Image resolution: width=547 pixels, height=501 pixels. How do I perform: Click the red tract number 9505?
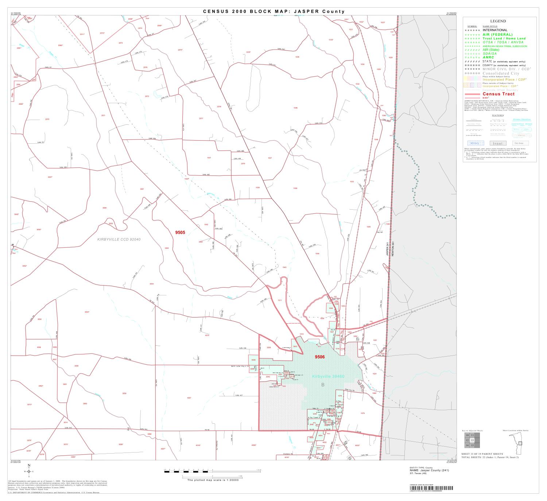click(x=180, y=232)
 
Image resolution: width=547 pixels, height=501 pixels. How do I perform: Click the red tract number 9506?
click(x=319, y=357)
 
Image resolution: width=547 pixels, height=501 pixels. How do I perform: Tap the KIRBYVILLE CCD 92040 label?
click(x=119, y=240)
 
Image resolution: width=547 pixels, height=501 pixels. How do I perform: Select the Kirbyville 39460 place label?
click(x=328, y=376)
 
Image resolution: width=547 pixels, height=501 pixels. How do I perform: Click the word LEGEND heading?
click(x=498, y=21)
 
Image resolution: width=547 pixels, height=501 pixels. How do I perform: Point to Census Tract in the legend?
click(x=498, y=94)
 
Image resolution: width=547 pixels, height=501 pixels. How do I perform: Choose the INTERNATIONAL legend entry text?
click(x=495, y=30)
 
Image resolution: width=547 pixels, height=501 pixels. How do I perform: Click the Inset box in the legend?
click(x=497, y=143)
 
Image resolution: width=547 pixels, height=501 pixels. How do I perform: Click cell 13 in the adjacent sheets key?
click(x=472, y=440)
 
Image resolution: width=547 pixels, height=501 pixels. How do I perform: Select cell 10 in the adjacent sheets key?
click(x=467, y=435)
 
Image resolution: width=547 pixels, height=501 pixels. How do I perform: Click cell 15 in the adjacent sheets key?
click(x=472, y=445)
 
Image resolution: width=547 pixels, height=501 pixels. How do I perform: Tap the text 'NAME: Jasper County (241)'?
click(x=429, y=470)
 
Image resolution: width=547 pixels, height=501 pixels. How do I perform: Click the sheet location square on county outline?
click(x=520, y=443)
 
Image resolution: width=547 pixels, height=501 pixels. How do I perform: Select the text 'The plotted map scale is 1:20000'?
click(x=213, y=480)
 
